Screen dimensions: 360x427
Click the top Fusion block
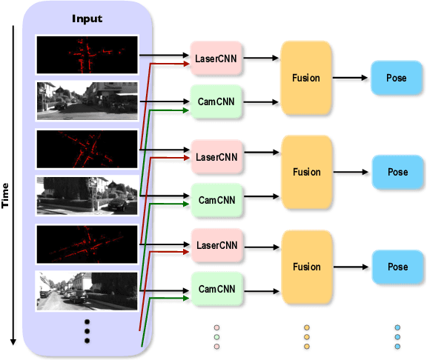pos(306,76)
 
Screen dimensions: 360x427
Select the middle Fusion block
pos(306,172)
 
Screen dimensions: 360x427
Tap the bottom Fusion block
pos(306,267)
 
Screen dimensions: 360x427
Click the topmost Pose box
pos(397,78)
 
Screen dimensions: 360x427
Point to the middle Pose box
pos(397,172)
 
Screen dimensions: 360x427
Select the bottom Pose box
pos(397,267)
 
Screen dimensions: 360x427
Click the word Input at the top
pos(87,18)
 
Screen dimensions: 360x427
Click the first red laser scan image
pos(87,54)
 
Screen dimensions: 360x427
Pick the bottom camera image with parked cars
pos(87,291)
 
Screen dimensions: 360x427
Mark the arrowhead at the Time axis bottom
pos(13,341)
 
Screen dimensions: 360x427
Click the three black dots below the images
pos(87,331)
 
